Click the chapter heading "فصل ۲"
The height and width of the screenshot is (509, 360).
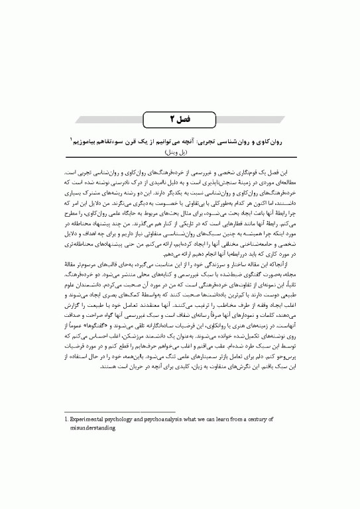tap(180, 119)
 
